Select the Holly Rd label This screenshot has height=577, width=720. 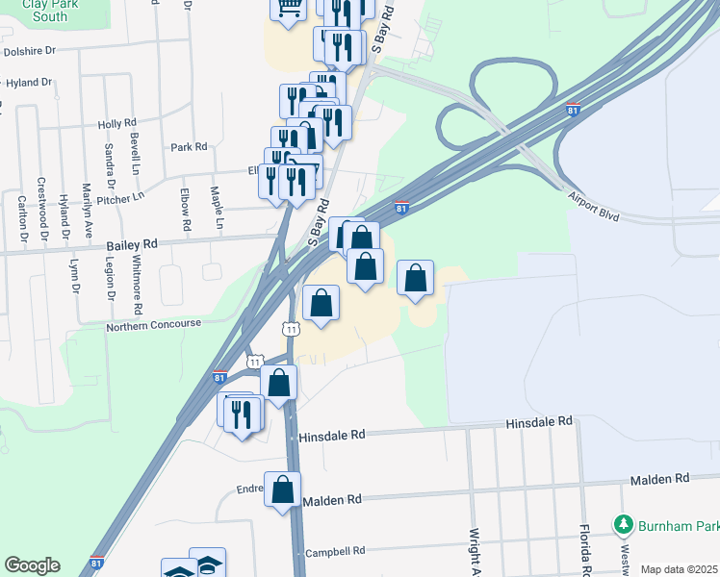pos(116,124)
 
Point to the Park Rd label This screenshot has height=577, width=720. pos(189,147)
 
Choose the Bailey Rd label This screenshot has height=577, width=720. pos(131,246)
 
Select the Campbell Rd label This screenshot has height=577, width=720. pos(335,552)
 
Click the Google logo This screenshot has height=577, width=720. pos(32,565)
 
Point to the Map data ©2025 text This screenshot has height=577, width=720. pos(679,569)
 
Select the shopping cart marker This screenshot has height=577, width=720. pos(288,10)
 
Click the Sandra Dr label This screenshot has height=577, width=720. pos(110,164)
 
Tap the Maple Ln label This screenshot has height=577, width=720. pos(219,207)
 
